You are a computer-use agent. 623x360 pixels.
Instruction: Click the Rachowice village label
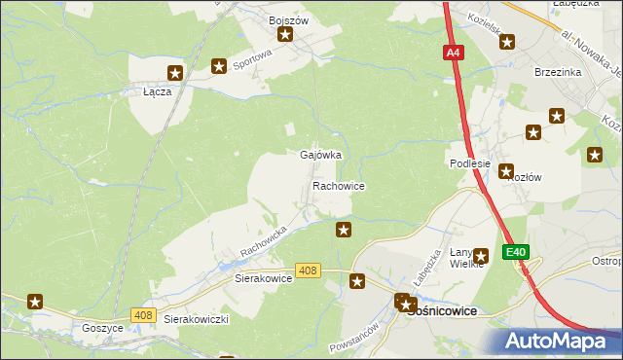[x=338, y=185]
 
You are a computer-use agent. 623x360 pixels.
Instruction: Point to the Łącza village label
[x=157, y=90]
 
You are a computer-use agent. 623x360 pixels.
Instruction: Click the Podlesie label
[x=469, y=164]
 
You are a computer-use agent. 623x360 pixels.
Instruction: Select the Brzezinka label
[x=558, y=71]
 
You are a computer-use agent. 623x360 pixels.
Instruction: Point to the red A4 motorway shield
[x=453, y=54]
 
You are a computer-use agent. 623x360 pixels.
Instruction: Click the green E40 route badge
[x=516, y=252]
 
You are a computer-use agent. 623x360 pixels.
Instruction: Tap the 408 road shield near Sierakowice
[x=309, y=270]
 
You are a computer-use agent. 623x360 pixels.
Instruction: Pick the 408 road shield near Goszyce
[x=143, y=313]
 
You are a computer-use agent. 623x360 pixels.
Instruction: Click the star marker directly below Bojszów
[x=286, y=36]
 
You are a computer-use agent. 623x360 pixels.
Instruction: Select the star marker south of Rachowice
[x=344, y=230]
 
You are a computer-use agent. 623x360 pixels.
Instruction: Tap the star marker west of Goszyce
[x=36, y=303]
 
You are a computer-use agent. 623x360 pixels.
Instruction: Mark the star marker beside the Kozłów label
[x=507, y=172]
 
